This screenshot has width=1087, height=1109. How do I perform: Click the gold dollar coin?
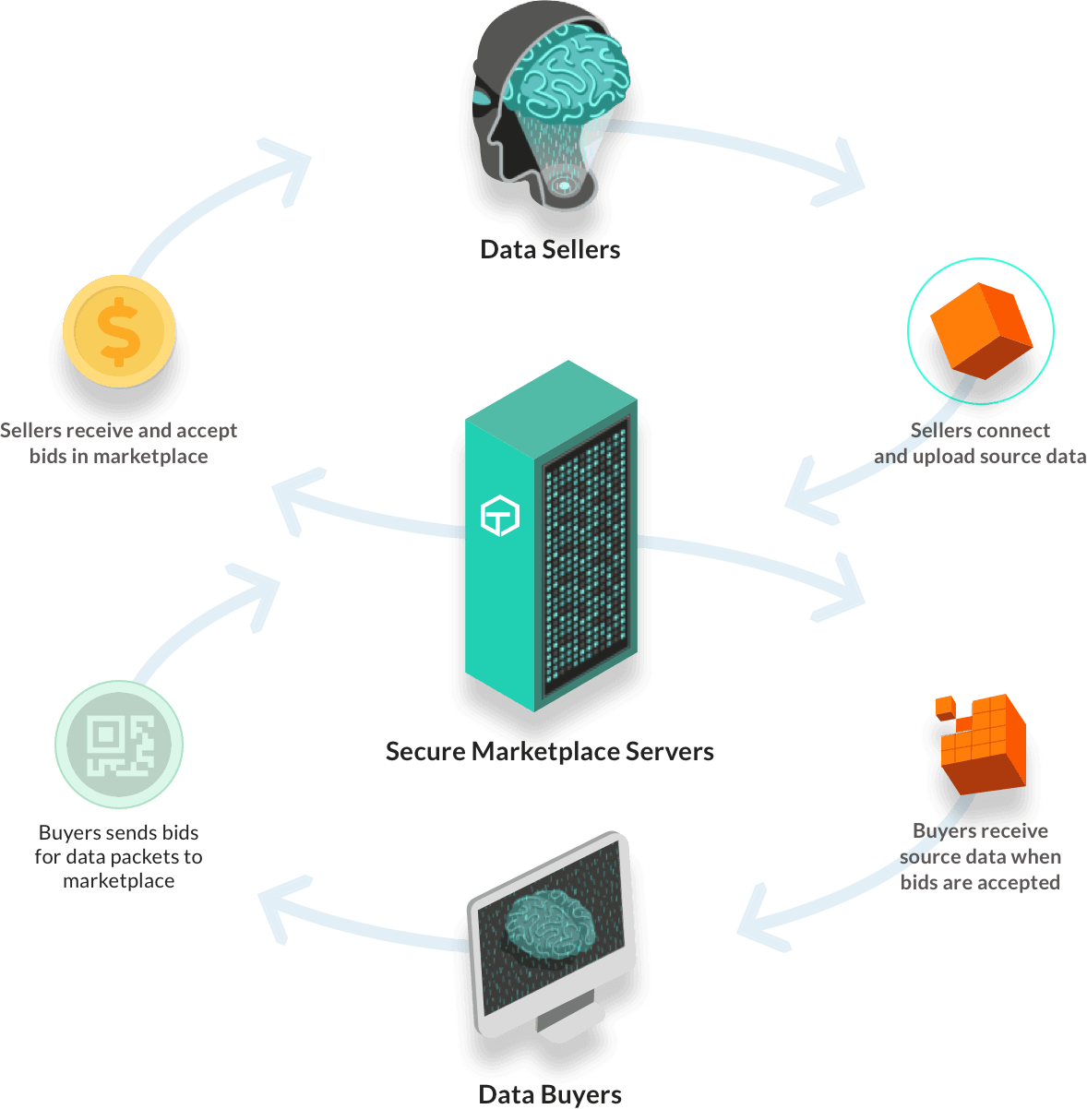click(x=119, y=329)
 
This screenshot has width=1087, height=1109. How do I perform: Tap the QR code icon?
click(x=119, y=744)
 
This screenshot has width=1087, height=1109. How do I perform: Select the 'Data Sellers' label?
click(x=550, y=248)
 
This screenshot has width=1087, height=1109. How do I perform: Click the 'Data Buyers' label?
click(x=550, y=1094)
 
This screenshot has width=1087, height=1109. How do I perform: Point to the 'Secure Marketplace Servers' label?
click(x=550, y=751)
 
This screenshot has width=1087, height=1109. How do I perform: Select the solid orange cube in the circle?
click(x=980, y=330)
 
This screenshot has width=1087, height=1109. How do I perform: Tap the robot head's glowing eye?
click(x=483, y=95)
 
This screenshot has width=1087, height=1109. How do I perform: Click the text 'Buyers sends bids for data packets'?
click(x=119, y=856)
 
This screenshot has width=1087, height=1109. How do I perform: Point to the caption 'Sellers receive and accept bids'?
click(x=119, y=443)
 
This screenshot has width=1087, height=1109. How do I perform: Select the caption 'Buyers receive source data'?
click(x=980, y=856)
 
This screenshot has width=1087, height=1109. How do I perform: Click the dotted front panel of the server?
click(x=585, y=563)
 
